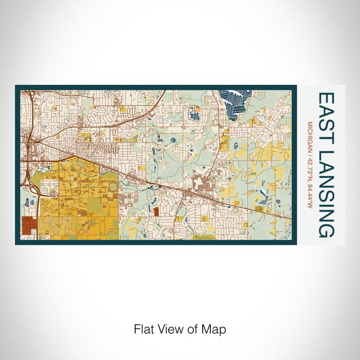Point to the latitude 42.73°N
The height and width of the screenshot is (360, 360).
(x=310, y=167)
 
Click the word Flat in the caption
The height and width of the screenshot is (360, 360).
(x=143, y=329)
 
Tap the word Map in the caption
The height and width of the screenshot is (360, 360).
(x=216, y=329)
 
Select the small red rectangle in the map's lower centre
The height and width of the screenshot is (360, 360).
(x=156, y=211)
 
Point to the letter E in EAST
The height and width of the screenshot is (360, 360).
(x=327, y=98)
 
